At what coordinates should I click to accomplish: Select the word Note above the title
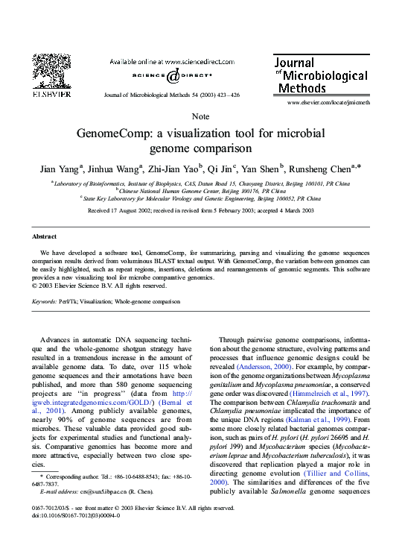tap(201, 117)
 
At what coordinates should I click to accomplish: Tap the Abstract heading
tap(45, 236)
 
